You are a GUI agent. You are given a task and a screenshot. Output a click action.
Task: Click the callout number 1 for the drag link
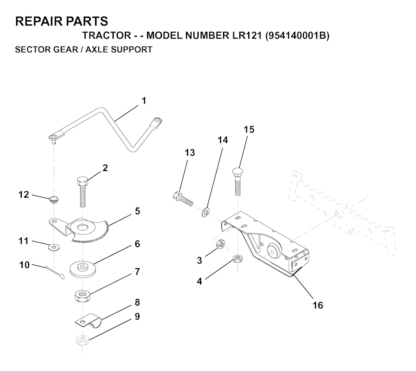click(144, 101)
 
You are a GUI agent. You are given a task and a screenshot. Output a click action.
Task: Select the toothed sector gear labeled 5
click(81, 229)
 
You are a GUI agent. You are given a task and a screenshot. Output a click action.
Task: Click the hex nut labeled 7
click(83, 296)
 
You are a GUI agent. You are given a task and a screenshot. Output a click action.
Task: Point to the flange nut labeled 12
click(54, 199)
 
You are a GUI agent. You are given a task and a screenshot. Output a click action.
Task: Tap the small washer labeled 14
click(206, 212)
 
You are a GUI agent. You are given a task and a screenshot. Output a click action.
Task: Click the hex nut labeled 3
click(221, 244)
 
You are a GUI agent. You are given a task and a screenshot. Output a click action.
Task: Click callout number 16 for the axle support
click(318, 305)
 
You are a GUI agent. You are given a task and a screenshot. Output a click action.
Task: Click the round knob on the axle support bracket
click(273, 251)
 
